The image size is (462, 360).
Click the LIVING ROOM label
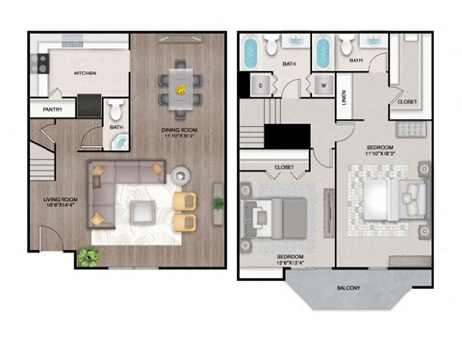click(59, 201)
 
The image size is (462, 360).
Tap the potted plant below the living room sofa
click(89, 256)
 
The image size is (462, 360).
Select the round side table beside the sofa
click(181, 176)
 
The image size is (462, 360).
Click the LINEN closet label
click(345, 99)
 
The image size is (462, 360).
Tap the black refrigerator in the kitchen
click(89, 104)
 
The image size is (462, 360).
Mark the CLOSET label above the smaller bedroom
click(284, 167)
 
